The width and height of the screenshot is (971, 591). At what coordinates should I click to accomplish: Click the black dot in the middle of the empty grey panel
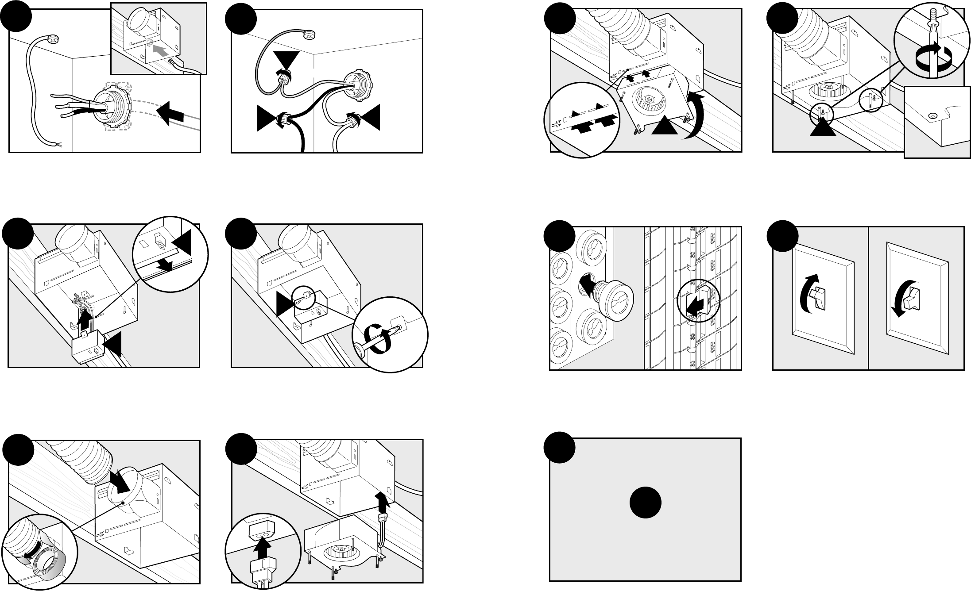point(646,503)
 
